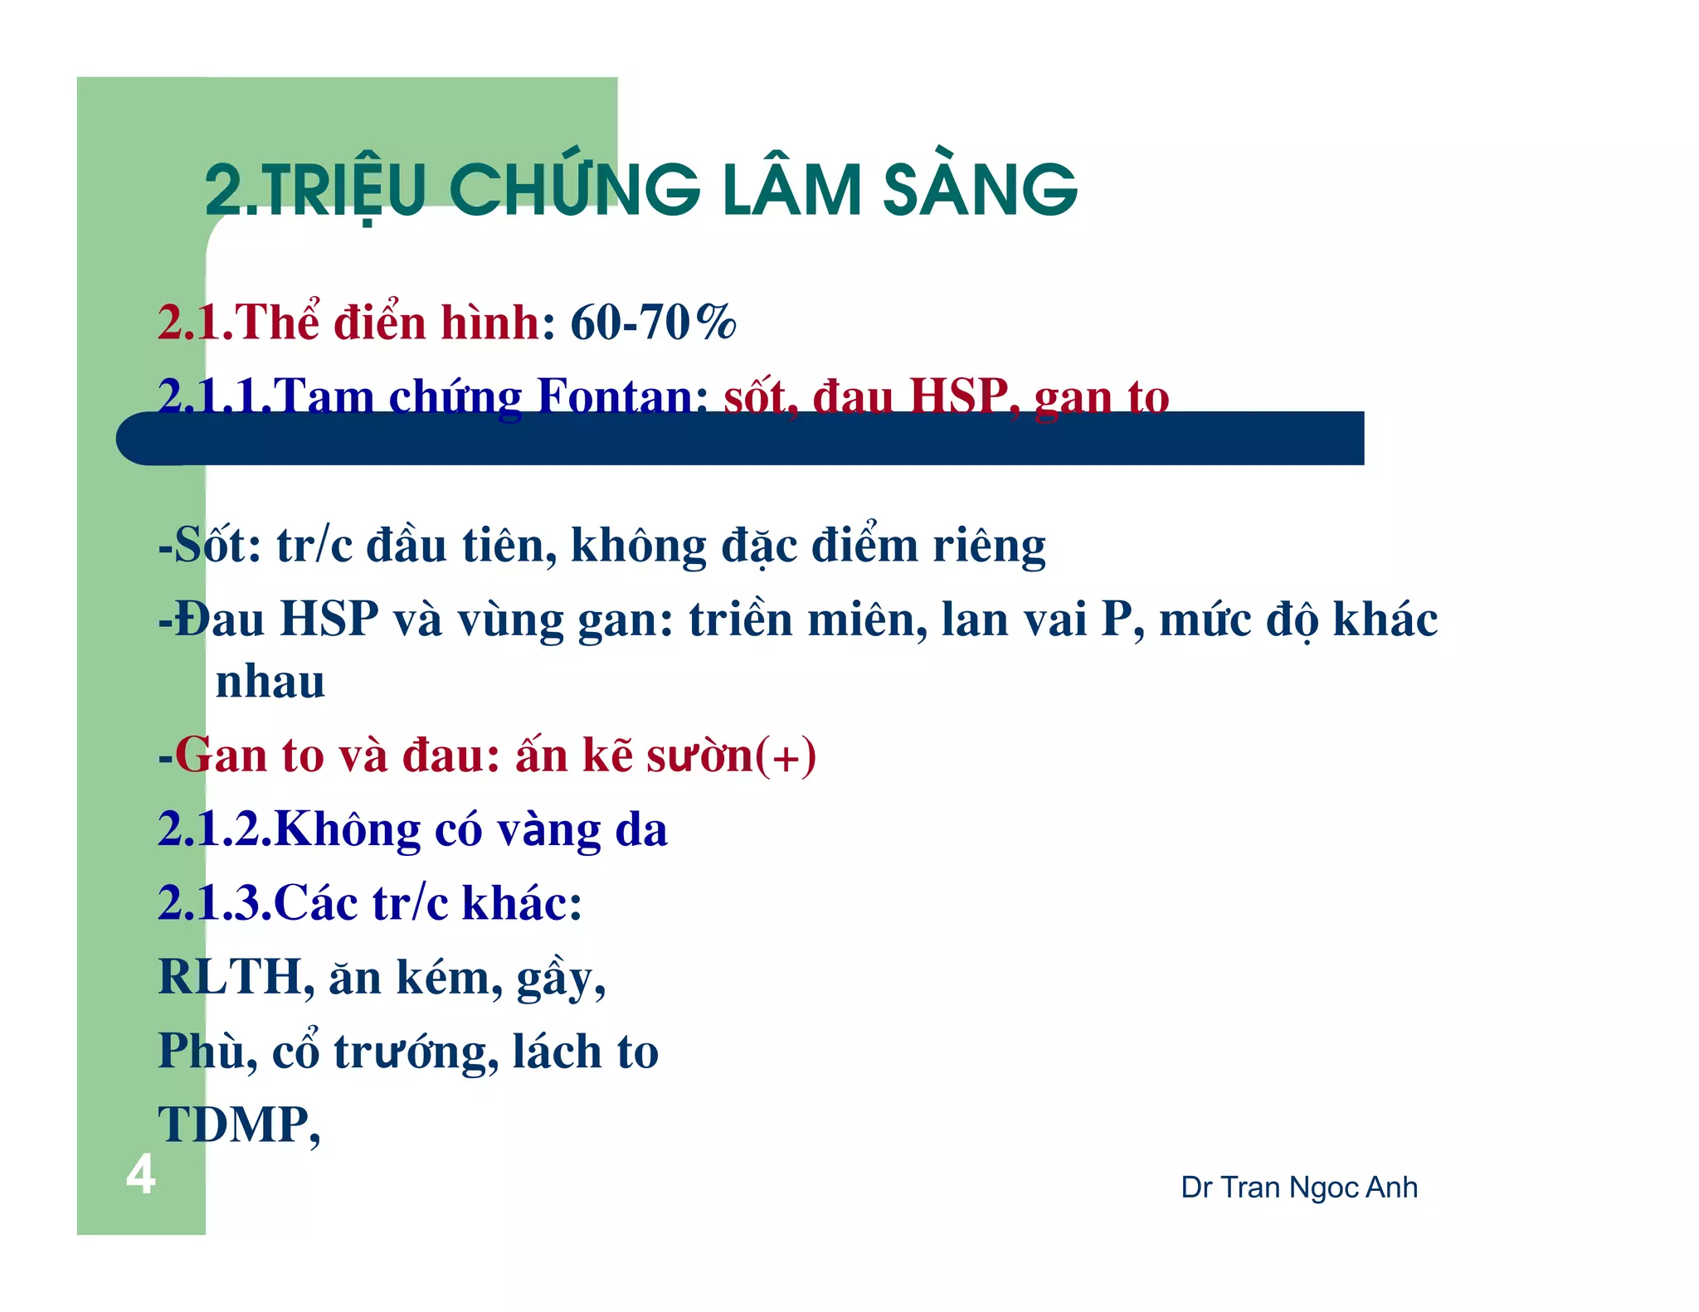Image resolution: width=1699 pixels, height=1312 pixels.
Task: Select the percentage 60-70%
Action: [653, 323]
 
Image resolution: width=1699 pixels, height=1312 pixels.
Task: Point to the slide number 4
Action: [141, 1174]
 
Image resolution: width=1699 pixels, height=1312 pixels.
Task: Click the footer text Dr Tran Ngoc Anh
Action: [1298, 1188]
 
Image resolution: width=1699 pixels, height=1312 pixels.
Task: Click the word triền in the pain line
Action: [741, 620]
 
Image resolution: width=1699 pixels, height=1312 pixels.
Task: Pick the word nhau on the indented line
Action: [270, 682]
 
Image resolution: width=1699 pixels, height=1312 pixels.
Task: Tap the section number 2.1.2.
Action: [214, 829]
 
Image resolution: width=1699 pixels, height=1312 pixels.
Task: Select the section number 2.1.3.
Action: [214, 903]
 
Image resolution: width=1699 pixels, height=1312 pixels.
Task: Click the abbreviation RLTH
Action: [230, 977]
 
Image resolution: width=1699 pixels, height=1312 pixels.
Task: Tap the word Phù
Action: [202, 1052]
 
